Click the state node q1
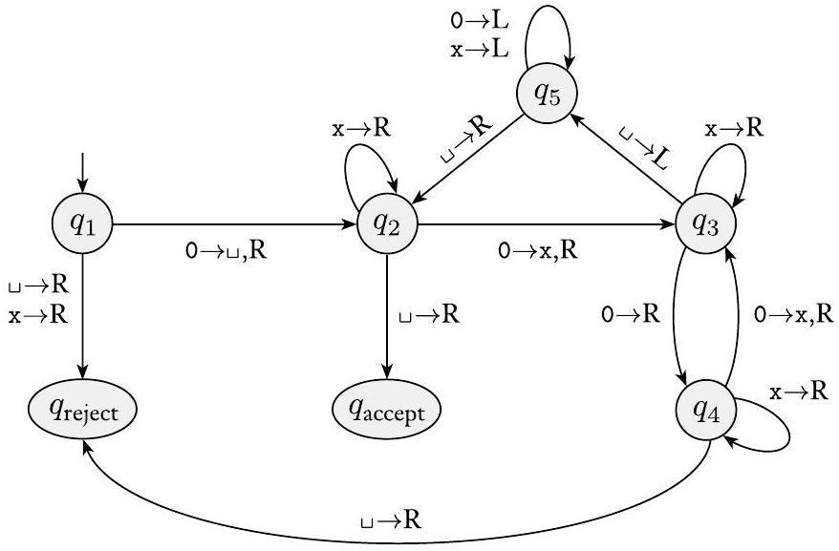click(82, 225)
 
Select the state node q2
click(387, 225)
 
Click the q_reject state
click(82, 413)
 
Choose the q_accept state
click(387, 413)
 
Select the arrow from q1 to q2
click(229, 225)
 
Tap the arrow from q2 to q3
click(545, 225)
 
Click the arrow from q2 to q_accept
click(387, 315)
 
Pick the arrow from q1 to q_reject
click(82, 315)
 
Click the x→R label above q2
click(362, 128)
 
